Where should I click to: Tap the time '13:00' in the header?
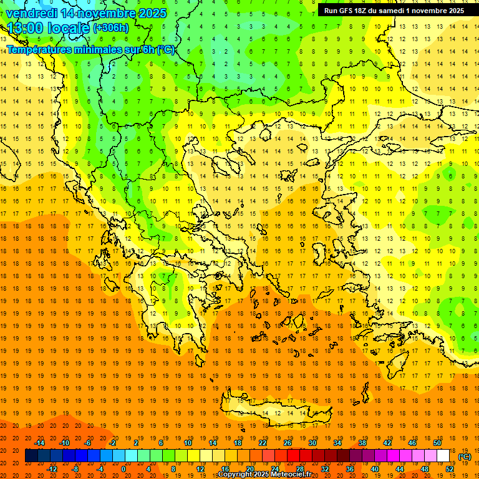(24, 28)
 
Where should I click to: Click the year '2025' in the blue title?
(152, 13)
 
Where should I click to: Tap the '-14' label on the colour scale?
(39, 443)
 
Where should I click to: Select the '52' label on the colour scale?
(450, 468)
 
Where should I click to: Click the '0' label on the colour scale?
(123, 468)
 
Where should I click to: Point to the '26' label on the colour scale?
(288, 443)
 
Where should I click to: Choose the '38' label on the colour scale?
(362, 443)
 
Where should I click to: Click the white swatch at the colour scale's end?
(443, 456)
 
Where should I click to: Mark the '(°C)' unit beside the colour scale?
(464, 457)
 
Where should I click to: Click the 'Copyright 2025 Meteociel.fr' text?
(264, 475)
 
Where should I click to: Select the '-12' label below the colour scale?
(52, 468)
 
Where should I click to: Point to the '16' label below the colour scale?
(225, 468)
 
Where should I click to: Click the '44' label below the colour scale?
(400, 468)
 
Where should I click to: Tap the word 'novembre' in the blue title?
(107, 13)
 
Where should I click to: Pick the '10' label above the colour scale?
(188, 443)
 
